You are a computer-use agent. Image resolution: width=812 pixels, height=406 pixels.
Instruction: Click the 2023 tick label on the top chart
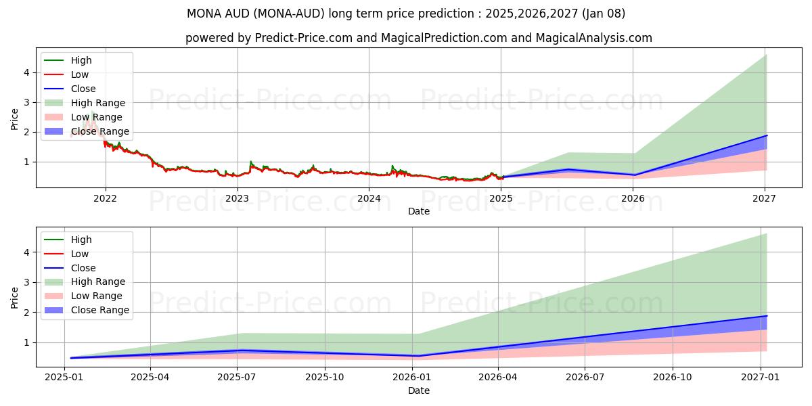coord(237,198)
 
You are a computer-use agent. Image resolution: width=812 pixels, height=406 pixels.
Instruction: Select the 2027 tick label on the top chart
coord(764,198)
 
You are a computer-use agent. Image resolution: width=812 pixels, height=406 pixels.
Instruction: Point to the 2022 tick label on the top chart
coord(105,198)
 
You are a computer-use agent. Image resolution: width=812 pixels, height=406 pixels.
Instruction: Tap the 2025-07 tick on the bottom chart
coord(238,378)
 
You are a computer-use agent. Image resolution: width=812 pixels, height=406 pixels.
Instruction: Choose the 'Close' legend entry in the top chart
coord(83,89)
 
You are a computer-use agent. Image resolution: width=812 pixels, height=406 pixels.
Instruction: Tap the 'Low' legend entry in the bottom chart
coord(80,254)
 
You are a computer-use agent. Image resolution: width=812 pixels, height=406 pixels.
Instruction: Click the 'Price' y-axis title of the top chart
coord(14,119)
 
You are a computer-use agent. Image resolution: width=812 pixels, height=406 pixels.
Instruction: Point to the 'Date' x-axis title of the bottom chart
coord(418,390)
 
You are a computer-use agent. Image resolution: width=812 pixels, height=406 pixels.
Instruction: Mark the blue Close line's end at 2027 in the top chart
coord(766,135)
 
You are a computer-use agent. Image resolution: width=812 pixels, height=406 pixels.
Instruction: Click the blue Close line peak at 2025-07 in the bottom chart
coord(238,350)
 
